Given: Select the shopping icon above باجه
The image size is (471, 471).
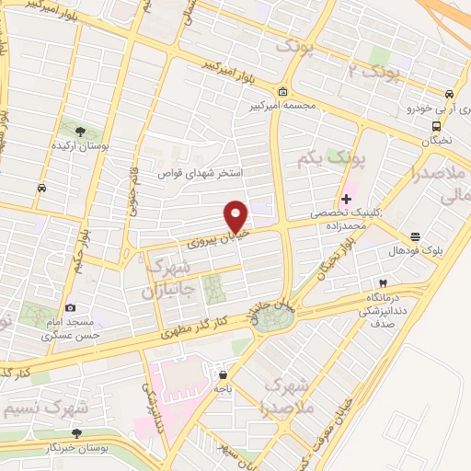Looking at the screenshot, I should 223,373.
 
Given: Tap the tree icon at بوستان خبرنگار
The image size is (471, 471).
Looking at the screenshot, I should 76,432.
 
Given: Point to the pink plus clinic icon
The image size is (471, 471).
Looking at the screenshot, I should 346,199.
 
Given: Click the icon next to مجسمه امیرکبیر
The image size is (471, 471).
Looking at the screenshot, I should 281,92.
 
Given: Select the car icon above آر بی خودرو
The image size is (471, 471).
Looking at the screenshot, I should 448,95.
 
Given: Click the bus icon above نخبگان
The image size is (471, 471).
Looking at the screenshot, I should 436,127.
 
